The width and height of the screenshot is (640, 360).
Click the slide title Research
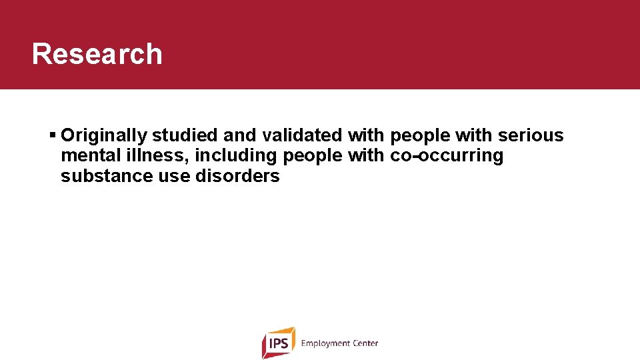(97, 54)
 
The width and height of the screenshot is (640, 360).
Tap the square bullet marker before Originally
(53, 135)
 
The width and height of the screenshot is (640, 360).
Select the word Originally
(103, 136)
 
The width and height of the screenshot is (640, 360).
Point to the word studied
(185, 136)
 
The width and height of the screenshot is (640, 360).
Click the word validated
(303, 136)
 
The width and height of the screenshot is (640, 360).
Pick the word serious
(531, 136)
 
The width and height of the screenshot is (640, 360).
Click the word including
(236, 156)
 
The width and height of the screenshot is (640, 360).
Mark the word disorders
(237, 177)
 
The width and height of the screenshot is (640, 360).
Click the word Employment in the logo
(325, 343)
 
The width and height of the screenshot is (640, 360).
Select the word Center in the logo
(365, 343)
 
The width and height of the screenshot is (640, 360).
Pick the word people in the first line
(420, 136)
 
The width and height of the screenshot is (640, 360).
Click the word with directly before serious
(474, 136)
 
